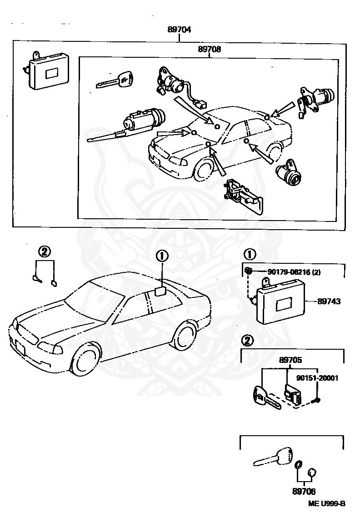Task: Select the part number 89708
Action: point(209,49)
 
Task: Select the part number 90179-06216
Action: point(289,272)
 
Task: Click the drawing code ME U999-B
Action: point(327,503)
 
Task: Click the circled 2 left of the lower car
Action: point(44,251)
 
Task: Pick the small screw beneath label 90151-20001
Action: point(317,400)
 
